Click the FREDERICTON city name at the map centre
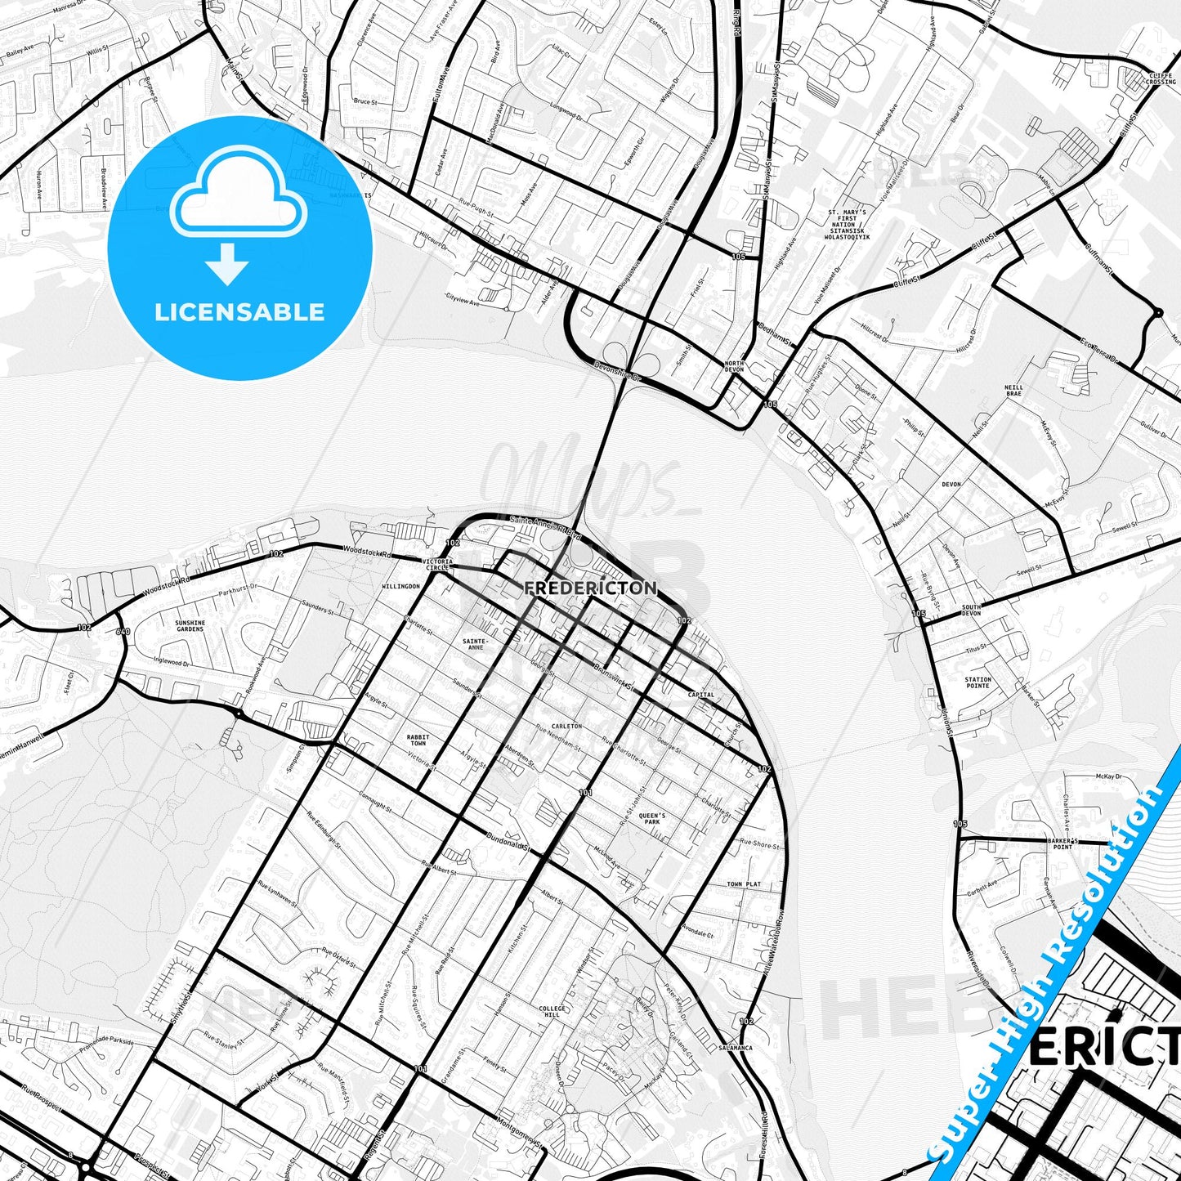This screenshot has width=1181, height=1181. (590, 588)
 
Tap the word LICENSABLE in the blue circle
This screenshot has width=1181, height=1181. (239, 312)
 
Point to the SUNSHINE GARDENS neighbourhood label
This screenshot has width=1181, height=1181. (190, 626)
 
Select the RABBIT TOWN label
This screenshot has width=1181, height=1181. (418, 740)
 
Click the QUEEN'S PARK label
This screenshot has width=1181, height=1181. (651, 818)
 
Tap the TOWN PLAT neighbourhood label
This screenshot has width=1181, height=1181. (744, 884)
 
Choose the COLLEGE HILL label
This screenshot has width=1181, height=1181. (552, 1013)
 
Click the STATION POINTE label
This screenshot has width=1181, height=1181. (977, 682)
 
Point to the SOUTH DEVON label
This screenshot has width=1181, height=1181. (971, 610)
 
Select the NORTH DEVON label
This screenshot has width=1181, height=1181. (734, 367)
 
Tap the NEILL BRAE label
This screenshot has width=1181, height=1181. (1013, 390)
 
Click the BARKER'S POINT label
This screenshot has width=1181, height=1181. (1062, 843)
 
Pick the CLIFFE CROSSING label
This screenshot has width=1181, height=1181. (1161, 78)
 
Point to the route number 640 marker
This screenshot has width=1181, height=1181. (123, 631)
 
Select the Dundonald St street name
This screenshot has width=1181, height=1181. (508, 837)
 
